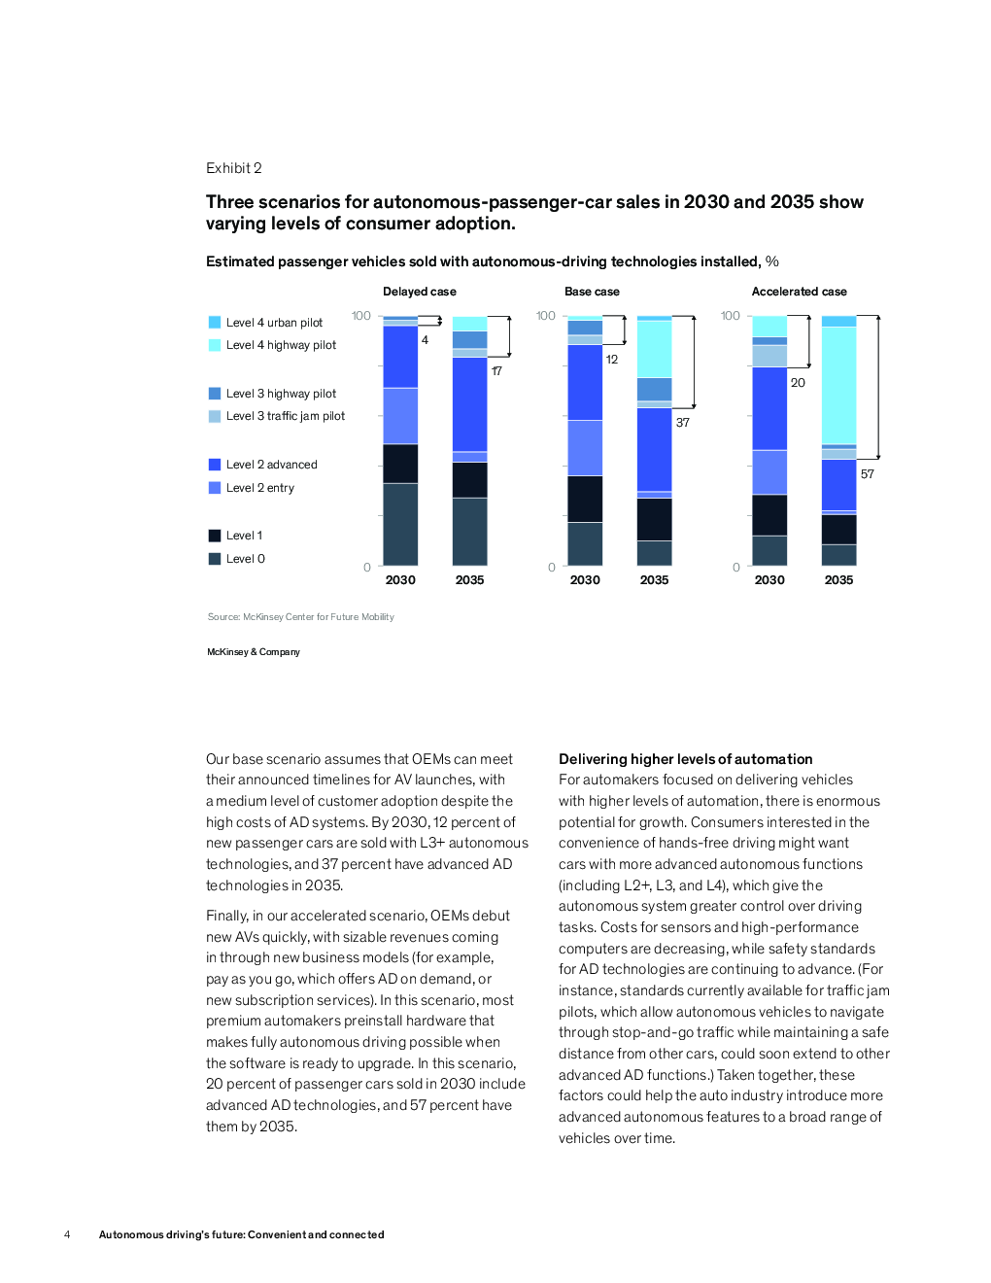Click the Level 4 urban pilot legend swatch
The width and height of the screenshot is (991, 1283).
click(215, 323)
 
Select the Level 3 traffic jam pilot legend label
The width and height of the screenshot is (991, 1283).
click(285, 416)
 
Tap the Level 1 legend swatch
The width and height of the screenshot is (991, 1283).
click(215, 536)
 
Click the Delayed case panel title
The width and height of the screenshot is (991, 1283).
click(419, 292)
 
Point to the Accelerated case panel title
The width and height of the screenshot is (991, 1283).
click(799, 292)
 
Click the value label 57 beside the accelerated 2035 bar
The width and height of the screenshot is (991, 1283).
click(867, 474)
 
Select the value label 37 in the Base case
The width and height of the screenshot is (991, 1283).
click(682, 423)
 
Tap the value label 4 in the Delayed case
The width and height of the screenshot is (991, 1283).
click(425, 340)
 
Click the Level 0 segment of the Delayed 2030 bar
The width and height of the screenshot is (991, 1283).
click(400, 524)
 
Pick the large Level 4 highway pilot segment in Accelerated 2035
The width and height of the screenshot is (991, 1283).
click(838, 386)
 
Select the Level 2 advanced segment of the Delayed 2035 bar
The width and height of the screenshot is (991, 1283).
click(470, 404)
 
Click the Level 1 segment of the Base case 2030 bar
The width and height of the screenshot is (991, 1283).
click(585, 499)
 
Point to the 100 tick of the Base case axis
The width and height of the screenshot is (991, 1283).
click(545, 316)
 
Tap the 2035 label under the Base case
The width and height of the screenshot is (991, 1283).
click(654, 580)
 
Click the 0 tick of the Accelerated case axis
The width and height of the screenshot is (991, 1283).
click(735, 568)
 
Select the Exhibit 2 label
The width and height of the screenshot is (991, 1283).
click(234, 168)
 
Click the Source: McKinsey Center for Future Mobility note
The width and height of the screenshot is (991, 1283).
click(300, 617)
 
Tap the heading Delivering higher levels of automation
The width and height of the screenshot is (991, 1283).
click(685, 759)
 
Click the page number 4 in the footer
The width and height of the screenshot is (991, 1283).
click(67, 1234)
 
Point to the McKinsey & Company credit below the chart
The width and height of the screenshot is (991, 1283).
click(254, 652)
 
